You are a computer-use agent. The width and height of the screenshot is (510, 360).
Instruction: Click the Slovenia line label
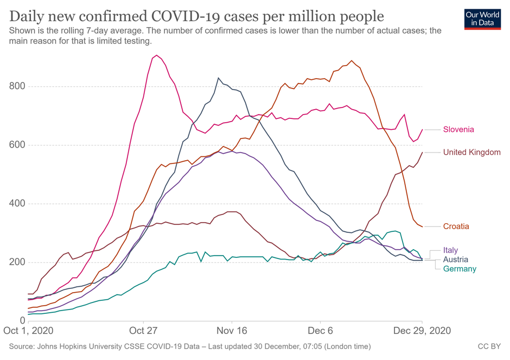(458, 129)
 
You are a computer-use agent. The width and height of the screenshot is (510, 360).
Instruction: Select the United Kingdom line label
(471, 152)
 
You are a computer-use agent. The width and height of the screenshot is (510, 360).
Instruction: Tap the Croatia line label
(456, 226)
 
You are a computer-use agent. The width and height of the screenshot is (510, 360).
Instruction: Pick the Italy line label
(450, 250)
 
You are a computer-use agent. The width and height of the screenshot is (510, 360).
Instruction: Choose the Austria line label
(455, 260)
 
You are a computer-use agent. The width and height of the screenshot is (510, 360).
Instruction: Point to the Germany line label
(460, 269)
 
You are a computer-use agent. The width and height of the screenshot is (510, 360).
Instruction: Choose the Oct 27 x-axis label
(143, 330)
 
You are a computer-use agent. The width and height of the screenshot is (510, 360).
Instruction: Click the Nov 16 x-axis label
(232, 330)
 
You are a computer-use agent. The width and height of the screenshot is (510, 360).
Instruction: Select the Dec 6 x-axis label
(320, 330)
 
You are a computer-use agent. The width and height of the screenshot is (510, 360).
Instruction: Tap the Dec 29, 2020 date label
(422, 330)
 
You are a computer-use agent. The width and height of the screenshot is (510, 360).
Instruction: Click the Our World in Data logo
(482, 19)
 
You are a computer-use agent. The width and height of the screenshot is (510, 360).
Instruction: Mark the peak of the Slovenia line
(157, 55)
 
